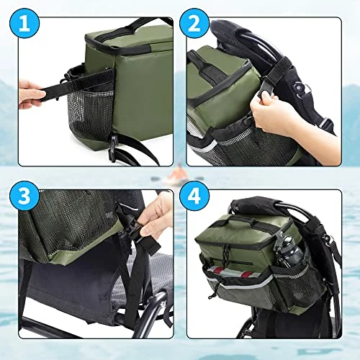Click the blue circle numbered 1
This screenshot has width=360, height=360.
click(24, 23)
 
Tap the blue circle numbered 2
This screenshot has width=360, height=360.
click(194, 23)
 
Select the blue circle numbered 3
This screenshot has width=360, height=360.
click(24, 196)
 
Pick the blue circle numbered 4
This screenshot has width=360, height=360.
click(194, 196)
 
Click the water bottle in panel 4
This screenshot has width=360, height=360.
click(289, 251)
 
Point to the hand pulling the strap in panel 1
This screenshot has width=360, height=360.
click(31, 94)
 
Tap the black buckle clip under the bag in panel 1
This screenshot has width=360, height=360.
click(113, 147)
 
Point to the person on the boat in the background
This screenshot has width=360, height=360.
click(178, 173)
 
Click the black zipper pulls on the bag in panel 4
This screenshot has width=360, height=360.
click(225, 250)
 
